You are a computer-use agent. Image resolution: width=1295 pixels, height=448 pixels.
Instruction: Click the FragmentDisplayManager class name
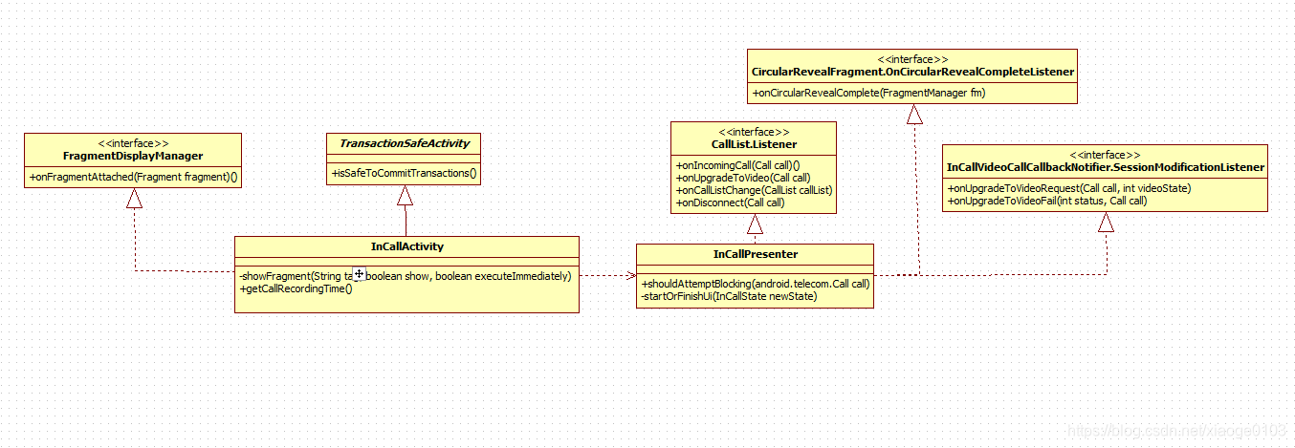[132, 156]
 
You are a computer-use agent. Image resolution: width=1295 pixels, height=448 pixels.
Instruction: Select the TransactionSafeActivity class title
[405, 143]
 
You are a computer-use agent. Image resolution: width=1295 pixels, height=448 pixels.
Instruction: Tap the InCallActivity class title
[406, 246]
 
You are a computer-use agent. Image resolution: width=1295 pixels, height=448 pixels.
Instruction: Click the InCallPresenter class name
[755, 254]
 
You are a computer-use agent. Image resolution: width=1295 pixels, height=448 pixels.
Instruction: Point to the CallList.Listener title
[754, 144]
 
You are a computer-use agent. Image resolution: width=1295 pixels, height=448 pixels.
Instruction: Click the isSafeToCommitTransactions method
[405, 174]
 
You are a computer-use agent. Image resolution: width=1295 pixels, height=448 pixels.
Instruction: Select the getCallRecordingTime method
[296, 288]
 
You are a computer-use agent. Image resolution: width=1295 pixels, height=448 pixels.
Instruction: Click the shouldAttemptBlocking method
[756, 284]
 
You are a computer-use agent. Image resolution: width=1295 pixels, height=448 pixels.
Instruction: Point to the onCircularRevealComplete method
[868, 93]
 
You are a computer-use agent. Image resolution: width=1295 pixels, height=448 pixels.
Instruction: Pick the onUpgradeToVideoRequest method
[1068, 188]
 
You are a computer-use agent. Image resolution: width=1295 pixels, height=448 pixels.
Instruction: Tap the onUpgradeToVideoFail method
[1046, 201]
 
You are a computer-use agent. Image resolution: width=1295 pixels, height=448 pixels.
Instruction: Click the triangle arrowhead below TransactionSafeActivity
[405, 196]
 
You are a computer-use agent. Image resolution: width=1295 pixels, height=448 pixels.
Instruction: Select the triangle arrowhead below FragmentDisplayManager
[134, 199]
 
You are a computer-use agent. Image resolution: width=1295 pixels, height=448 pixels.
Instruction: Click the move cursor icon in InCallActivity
[359, 274]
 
